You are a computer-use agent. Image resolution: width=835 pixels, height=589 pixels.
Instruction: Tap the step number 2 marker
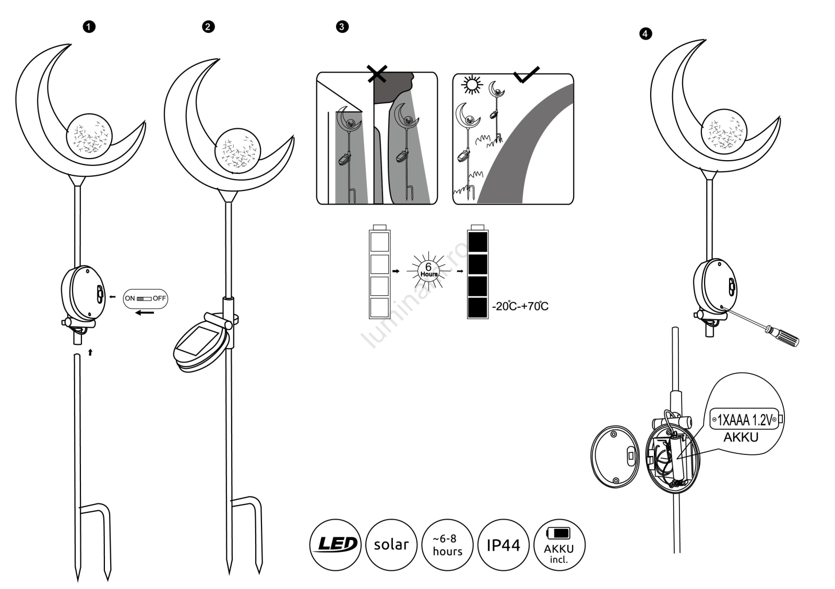208,27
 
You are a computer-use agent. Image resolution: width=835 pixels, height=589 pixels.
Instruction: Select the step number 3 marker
342,27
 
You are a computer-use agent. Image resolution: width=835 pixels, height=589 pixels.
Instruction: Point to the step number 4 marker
646,34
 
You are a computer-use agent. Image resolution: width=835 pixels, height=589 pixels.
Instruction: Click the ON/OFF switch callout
146,298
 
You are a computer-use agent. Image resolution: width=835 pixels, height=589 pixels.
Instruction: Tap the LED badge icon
335,545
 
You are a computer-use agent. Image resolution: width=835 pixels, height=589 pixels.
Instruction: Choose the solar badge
391,545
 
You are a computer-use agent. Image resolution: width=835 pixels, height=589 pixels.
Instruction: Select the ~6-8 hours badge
447,545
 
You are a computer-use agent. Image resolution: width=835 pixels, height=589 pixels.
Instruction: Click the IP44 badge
503,545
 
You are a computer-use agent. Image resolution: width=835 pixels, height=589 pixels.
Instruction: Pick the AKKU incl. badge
559,545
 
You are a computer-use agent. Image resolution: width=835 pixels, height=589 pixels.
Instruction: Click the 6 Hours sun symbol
428,271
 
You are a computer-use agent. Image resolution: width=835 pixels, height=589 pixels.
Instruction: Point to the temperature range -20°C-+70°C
520,306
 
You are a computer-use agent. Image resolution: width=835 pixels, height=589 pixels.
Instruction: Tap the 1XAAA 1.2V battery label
744,419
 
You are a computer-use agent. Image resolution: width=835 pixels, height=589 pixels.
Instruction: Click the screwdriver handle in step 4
783,336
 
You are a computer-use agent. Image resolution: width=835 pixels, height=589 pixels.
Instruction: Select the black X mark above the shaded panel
376,74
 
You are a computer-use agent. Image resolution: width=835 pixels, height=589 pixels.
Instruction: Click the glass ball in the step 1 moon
89,135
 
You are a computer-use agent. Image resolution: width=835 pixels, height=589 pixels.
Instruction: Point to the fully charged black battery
478,274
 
